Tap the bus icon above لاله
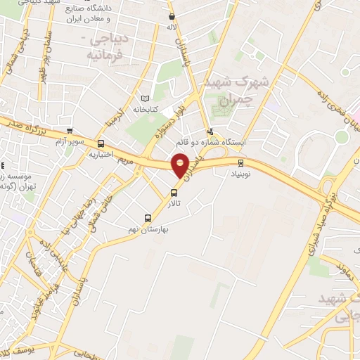click(172, 17)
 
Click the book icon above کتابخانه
click(146, 99)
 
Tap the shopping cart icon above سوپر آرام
click(69, 130)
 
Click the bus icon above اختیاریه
click(100, 143)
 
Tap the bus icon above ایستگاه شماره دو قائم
click(210, 131)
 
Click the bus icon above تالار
click(173, 193)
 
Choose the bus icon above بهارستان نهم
click(148, 217)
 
